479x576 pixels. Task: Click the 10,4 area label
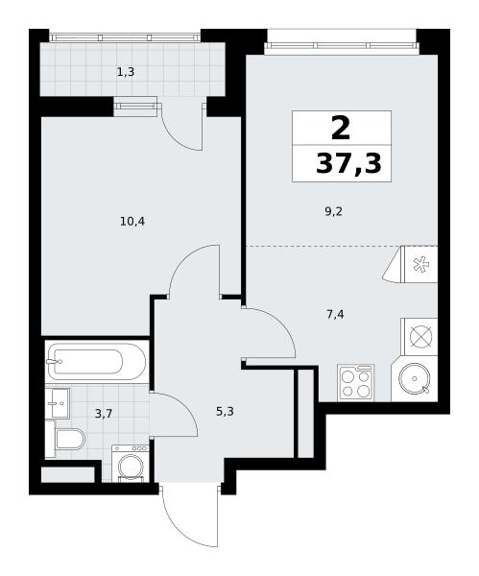pyautogui.click(x=132, y=222)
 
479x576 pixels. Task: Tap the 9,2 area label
pyautogui.click(x=333, y=211)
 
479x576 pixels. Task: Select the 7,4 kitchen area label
pyautogui.click(x=335, y=315)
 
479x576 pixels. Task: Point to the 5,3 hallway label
pyautogui.click(x=225, y=412)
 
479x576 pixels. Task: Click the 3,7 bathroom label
pyautogui.click(x=104, y=415)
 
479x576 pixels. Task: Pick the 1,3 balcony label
pyautogui.click(x=126, y=72)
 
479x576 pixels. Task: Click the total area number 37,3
pyautogui.click(x=348, y=163)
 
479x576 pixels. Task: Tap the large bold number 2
pyautogui.click(x=341, y=127)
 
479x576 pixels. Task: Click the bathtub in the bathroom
pyautogui.click(x=97, y=362)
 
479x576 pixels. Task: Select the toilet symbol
pyautogui.click(x=69, y=439)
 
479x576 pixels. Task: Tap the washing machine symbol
pyautogui.click(x=130, y=464)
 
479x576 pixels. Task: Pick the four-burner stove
pyautogui.click(x=355, y=382)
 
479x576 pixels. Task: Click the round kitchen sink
pyautogui.click(x=415, y=378)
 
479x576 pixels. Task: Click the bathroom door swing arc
pyautogui.click(x=182, y=407)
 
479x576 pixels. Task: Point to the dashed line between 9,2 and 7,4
pyautogui.click(x=342, y=246)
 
